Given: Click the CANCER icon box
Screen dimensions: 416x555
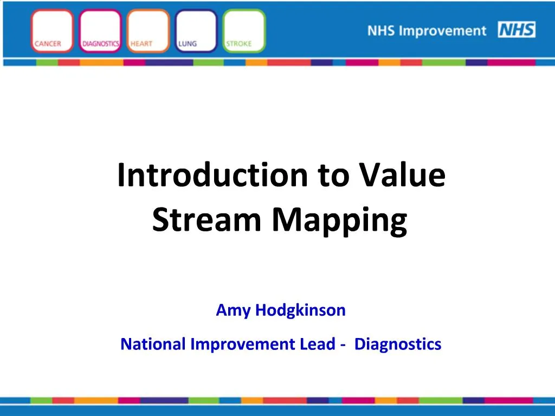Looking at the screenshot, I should [x=53, y=31].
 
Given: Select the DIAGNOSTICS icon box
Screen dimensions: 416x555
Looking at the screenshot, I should [x=100, y=31].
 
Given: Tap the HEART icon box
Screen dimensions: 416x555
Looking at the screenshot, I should [x=148, y=31].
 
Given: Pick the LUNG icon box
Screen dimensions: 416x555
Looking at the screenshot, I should [x=196, y=31].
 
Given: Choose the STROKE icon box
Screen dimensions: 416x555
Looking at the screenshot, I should [x=244, y=31].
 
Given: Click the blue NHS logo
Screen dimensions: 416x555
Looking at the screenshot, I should [x=517, y=30].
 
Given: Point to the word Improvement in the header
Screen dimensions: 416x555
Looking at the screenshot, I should [x=443, y=30].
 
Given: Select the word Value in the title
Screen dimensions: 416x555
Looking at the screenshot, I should [x=402, y=176].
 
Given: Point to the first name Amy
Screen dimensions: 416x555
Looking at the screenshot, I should [x=234, y=311].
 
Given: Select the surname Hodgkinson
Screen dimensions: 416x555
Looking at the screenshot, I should [x=300, y=310].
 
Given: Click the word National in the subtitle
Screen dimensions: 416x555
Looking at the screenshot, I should [x=153, y=344].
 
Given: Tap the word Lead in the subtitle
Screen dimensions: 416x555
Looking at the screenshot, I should [x=317, y=344].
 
